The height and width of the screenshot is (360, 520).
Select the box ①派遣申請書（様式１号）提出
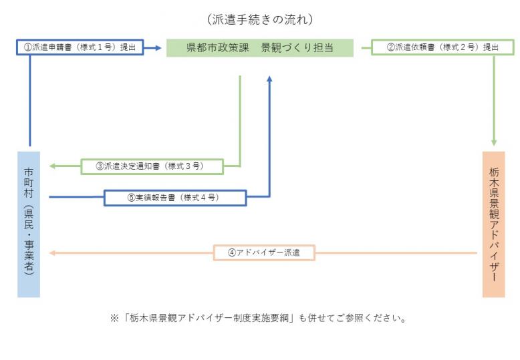[80, 48]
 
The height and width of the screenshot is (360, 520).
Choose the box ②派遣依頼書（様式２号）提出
[442, 48]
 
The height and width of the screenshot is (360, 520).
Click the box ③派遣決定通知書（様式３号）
[152, 166]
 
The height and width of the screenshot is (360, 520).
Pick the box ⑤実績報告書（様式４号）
[175, 198]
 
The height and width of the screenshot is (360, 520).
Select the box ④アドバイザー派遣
[263, 253]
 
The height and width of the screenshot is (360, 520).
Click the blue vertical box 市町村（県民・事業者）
[29, 224]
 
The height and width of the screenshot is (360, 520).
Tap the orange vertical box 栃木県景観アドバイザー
[494, 224]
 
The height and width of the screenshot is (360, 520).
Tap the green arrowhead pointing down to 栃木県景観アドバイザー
[494, 142]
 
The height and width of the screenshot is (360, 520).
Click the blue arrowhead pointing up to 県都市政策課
[269, 79]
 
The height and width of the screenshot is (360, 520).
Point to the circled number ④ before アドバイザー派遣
[232, 253]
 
